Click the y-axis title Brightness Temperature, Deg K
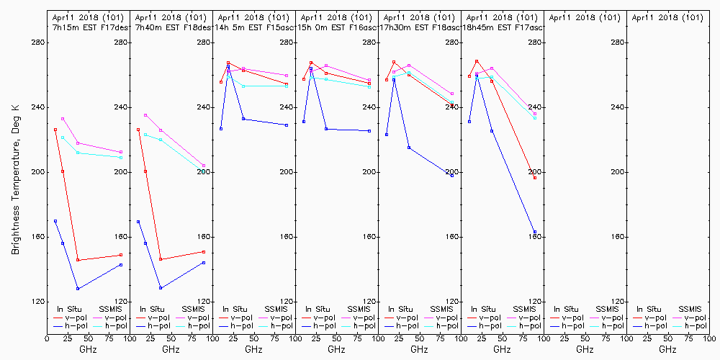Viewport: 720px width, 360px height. [x=14, y=179]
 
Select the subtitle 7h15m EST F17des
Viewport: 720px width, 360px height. [x=86, y=27]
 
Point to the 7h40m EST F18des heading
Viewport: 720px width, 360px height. [x=171, y=27]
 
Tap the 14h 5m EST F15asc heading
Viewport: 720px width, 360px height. [x=253, y=27]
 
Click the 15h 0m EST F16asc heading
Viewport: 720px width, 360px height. [x=336, y=27]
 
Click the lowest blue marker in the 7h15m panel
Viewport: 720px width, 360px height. [x=78, y=289]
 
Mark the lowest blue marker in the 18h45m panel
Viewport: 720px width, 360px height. [x=535, y=232]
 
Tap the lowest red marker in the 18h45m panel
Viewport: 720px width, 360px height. [x=535, y=177]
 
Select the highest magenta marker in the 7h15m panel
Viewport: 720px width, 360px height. [x=63, y=119]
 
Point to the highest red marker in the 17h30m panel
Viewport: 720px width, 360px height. [x=394, y=62]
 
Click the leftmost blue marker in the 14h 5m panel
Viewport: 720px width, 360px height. [x=221, y=129]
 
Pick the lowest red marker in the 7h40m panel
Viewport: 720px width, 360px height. [x=161, y=259]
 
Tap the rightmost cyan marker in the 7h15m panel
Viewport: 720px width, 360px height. [x=121, y=158]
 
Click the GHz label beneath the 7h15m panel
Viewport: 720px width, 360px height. [x=88, y=349]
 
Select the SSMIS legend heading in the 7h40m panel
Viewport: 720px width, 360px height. [x=194, y=309]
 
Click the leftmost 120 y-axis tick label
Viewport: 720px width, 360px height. [x=38, y=302]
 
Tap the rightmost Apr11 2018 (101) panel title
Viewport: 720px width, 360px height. [x=667, y=17]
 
